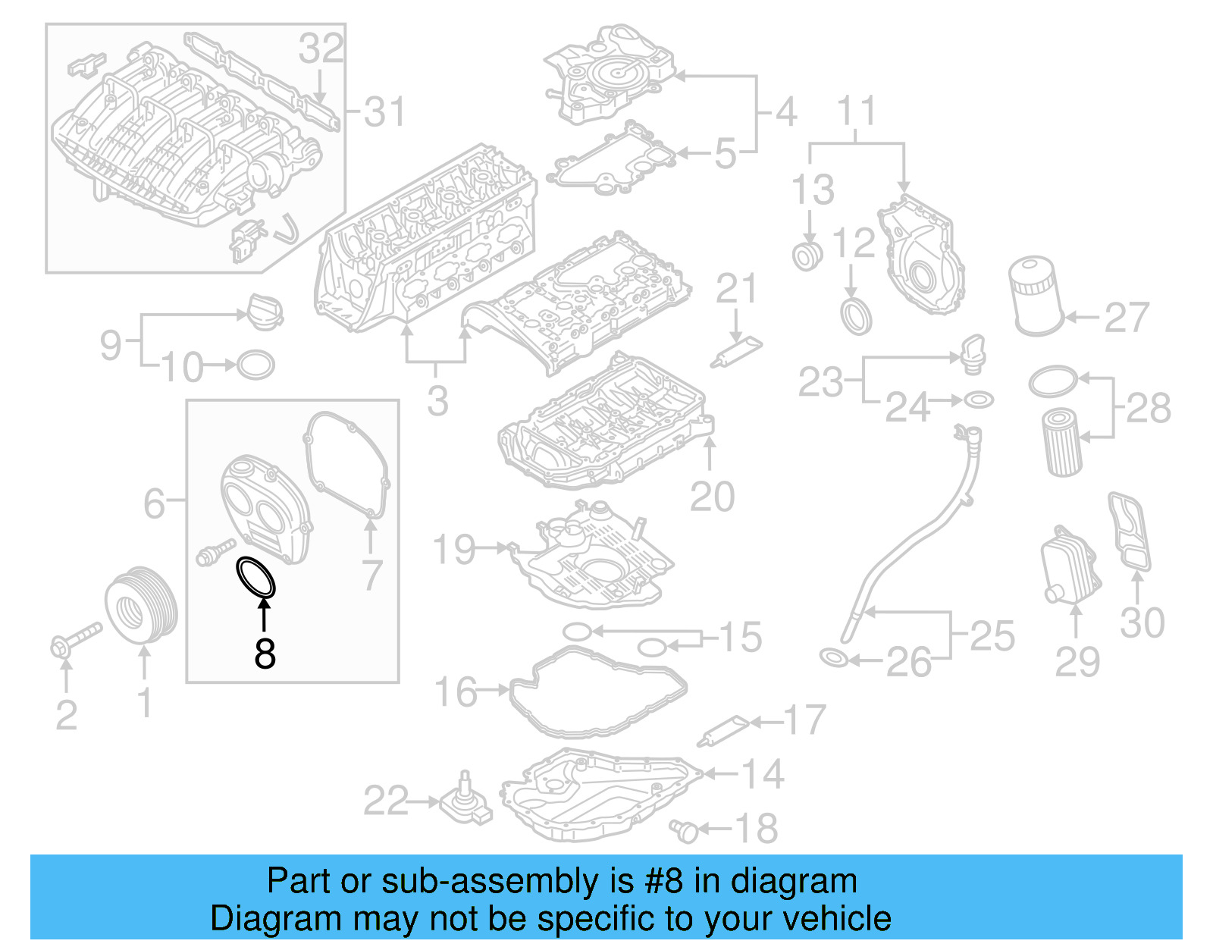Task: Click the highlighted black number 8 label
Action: (265, 653)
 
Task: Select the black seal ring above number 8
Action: (256, 577)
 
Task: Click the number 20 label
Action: (712, 497)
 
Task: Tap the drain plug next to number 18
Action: (684, 831)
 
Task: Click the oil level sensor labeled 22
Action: (465, 803)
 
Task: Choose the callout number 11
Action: (857, 111)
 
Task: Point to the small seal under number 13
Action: (807, 256)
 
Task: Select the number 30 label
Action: (1142, 622)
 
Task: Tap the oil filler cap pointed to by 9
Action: (262, 312)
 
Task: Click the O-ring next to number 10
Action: (255, 365)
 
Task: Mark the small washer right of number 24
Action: (979, 399)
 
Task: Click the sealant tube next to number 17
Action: (725, 729)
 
